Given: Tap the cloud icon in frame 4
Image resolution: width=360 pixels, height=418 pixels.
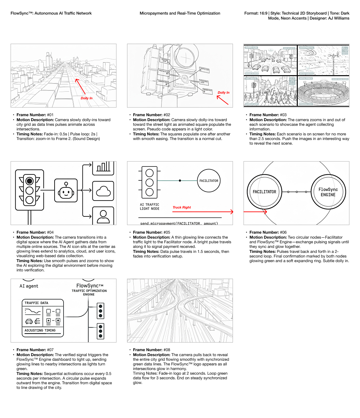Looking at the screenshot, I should point(103,191).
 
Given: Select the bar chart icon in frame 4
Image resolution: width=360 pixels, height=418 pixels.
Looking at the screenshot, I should point(103,167).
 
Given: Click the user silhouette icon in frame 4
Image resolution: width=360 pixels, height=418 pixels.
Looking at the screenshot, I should point(103,216).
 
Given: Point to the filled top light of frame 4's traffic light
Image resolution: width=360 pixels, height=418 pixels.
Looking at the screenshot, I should point(30,181).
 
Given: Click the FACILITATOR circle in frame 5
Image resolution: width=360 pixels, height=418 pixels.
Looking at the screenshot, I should point(209,181).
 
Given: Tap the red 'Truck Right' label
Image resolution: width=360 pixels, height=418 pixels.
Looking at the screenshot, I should point(182,208).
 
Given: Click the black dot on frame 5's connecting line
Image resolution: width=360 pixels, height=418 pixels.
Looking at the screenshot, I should point(180,181).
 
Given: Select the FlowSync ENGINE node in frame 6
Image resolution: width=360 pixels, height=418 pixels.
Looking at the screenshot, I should point(328,192).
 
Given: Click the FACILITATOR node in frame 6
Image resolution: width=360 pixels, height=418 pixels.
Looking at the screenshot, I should point(264,192).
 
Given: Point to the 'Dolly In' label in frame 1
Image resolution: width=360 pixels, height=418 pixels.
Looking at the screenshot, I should point(87,98).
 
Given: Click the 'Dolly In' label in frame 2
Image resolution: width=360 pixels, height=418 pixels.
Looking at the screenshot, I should point(223,93).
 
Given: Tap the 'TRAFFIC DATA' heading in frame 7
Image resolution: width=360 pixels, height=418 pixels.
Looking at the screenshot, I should point(36,303).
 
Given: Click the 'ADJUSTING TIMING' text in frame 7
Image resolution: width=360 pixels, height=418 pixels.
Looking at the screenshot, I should point(40,330).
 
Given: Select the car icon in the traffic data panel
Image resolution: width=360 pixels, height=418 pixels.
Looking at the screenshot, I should point(29,321).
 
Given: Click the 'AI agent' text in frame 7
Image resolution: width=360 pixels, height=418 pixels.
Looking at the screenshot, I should point(29,286).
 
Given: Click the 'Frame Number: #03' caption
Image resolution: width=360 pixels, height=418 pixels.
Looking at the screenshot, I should point(268,115).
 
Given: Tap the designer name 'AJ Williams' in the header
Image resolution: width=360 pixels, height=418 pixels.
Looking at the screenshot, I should point(337,18).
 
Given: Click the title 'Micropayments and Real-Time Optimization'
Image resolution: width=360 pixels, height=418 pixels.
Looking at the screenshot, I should point(180,13).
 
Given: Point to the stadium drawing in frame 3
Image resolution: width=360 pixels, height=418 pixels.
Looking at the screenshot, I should point(323,93).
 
